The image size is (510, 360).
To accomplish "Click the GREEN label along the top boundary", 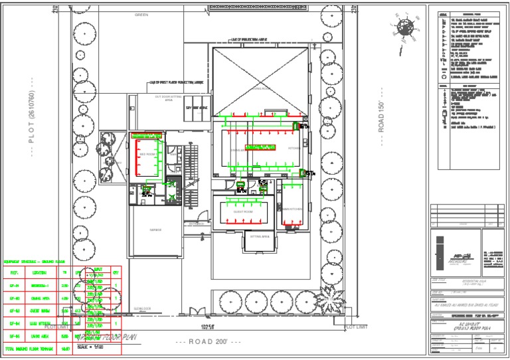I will pos(141,15).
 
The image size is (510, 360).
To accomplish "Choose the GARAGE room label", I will pos(155,230).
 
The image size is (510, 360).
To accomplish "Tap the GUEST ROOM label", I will pos(243,211).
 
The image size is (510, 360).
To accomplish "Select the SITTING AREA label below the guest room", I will pos(259,236).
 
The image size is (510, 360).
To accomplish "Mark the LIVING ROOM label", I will pos(260,88).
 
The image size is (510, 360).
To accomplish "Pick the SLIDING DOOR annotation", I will pos(142,308).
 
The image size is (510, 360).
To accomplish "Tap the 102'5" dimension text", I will pos(209,325).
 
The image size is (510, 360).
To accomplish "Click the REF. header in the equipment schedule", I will pos(13,272).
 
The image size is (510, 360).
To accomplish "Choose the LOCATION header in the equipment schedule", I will pos(39,272).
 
